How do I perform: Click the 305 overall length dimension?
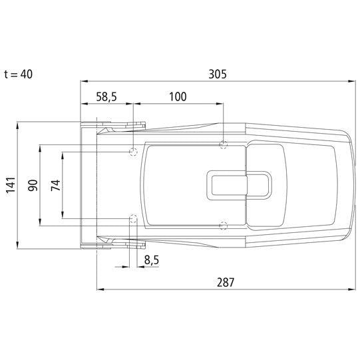point(218,74)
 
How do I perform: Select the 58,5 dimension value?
point(106,97)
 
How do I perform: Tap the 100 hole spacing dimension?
point(178,96)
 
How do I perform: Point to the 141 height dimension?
point(11,185)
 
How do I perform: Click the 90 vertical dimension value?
point(33,186)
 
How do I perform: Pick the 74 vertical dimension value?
point(56,186)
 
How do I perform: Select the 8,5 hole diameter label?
point(152,260)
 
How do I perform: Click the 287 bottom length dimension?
point(226,282)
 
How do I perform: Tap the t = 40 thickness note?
point(19,75)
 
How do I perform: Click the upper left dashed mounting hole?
point(133,152)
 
